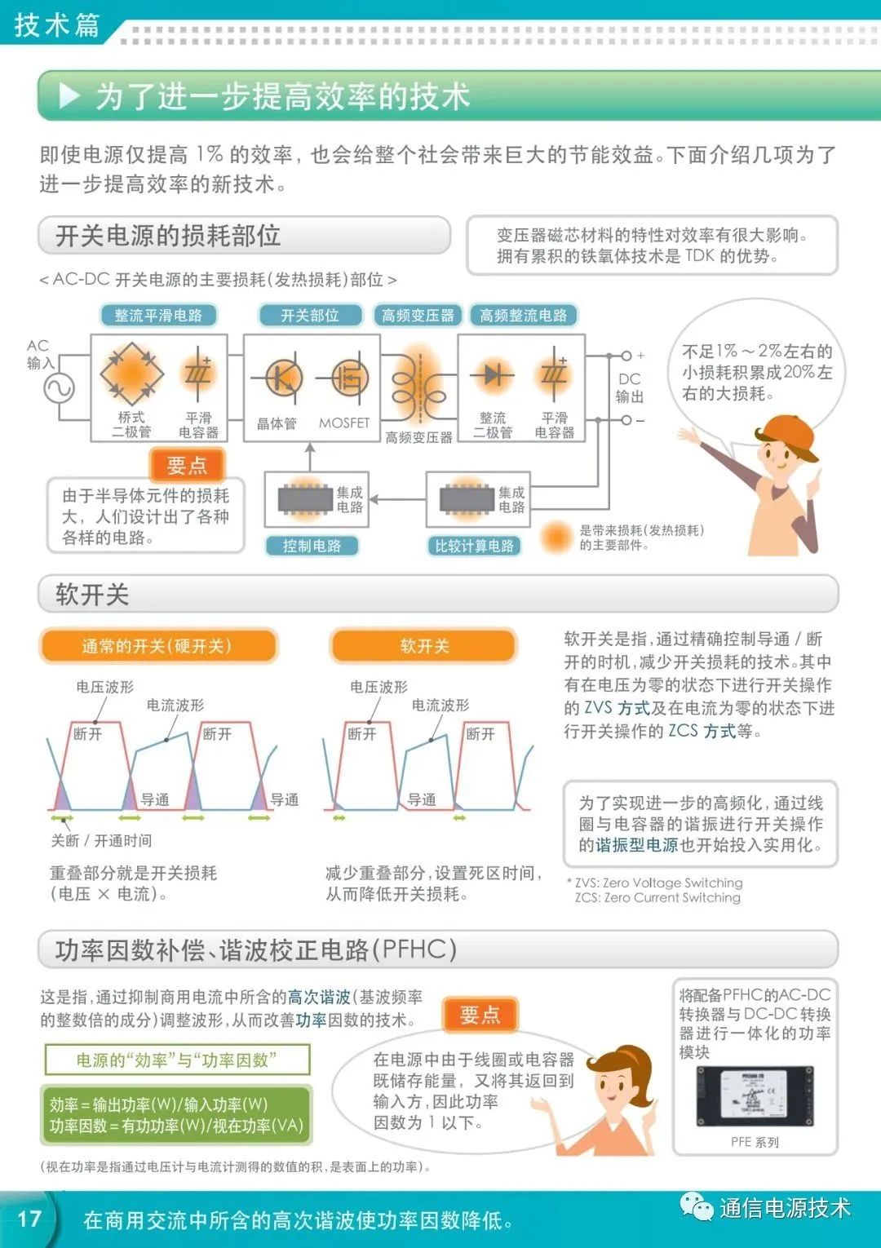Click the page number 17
click(29, 1219)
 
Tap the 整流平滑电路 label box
click(157, 316)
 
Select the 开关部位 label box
click(309, 316)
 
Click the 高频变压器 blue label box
click(418, 316)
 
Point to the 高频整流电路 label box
click(523, 316)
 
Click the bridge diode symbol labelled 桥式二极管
click(131, 374)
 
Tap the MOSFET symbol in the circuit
click(348, 378)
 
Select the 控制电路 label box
click(312, 546)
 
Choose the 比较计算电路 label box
click(474, 546)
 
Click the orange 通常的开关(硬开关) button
click(157, 646)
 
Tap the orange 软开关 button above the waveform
click(424, 646)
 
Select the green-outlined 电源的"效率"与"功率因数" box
click(177, 1060)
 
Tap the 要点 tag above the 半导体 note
click(187, 465)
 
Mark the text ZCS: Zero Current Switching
click(657, 897)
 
